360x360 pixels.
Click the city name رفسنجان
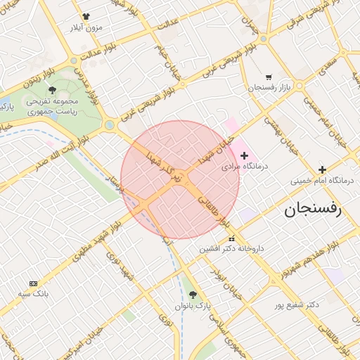[312, 209]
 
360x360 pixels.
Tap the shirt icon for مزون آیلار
[86, 16]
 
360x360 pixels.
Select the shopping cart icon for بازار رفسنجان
[269, 77]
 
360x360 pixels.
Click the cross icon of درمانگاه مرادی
[245, 155]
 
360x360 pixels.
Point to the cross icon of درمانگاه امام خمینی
[322, 169]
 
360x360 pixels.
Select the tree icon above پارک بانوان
[193, 295]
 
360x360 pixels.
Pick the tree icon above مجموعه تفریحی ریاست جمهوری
[53, 90]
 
